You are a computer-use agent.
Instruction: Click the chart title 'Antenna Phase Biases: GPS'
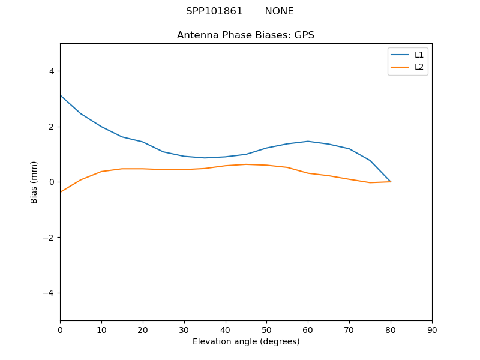click(x=245, y=35)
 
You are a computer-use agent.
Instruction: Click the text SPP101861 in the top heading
click(x=214, y=11)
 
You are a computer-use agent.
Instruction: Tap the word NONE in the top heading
click(x=279, y=11)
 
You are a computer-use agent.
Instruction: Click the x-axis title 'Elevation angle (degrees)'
click(x=246, y=341)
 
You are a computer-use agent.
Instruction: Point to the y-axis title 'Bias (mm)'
click(x=34, y=182)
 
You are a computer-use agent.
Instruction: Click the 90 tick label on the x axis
click(x=432, y=329)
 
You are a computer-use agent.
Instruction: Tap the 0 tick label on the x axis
click(x=60, y=329)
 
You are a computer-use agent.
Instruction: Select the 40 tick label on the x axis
click(x=226, y=329)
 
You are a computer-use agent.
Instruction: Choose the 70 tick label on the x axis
click(x=349, y=329)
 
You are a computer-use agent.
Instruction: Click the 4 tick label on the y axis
click(x=52, y=71)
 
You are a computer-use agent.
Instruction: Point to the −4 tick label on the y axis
click(x=49, y=293)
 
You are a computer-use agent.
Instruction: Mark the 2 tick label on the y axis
click(x=52, y=127)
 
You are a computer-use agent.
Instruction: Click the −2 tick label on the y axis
click(x=49, y=238)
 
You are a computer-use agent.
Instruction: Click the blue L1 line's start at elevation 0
click(x=61, y=95)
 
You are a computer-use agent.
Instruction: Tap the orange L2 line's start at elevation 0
click(x=61, y=192)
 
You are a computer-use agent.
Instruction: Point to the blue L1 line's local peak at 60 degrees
click(x=308, y=142)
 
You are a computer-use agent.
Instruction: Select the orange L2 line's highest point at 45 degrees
click(x=246, y=164)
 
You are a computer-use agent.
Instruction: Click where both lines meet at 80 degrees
click(x=391, y=181)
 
